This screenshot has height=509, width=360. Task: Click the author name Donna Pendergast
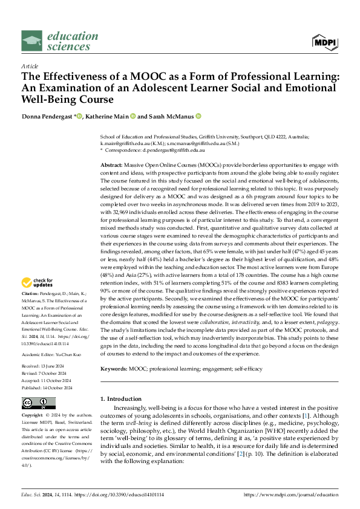coord(47,116)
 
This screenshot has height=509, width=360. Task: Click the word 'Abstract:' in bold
coord(112,164)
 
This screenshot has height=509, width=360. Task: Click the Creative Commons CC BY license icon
coord(39,403)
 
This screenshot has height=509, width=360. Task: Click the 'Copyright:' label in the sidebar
coord(33,417)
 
